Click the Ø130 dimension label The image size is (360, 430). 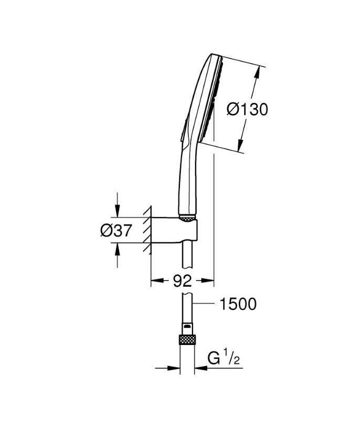(247, 110)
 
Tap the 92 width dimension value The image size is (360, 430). (182, 281)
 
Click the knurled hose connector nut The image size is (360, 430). (186, 340)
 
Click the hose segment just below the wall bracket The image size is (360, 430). (186, 257)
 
